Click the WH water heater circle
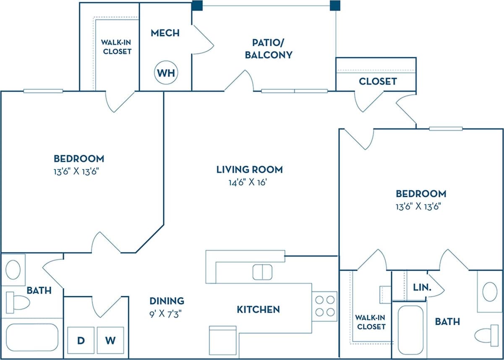166,73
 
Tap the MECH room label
165,33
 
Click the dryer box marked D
80,340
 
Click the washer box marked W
110,340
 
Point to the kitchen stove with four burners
325,306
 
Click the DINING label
167,301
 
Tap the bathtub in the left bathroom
32,337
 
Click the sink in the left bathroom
13,269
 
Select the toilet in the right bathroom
487,336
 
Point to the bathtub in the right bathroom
410,330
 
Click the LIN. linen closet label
422,288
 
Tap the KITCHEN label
258,310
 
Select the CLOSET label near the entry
378,81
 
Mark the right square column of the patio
335,5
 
